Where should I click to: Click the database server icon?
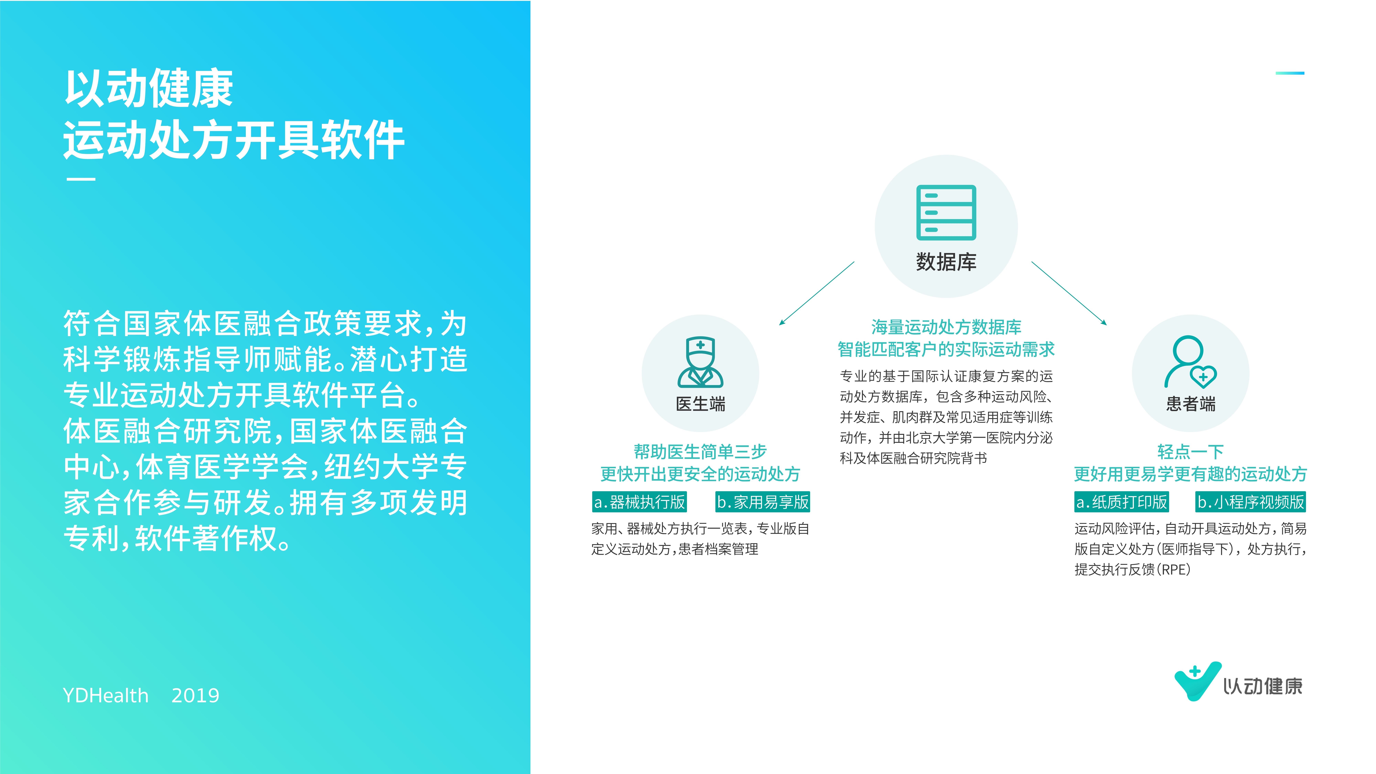click(946, 213)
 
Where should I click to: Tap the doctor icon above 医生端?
click(700, 362)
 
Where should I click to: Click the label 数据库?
click(946, 262)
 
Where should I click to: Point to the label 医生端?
click(700, 404)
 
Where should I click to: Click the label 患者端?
click(1191, 404)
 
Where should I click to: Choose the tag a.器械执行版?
click(639, 502)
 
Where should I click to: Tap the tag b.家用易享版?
click(763, 502)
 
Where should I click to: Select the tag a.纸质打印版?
click(1122, 502)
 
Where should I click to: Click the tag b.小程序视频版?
click(1250, 502)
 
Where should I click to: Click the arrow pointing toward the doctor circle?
click(817, 293)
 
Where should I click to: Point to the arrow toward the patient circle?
click(1069, 293)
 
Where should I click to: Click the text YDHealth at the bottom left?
click(106, 695)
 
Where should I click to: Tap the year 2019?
click(196, 695)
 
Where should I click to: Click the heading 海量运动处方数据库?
click(946, 327)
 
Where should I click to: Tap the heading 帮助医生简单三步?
click(700, 452)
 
